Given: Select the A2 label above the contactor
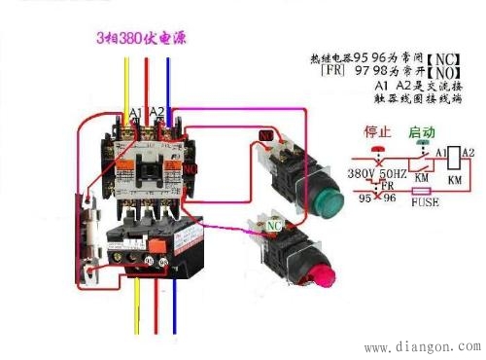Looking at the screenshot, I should coord(158,114).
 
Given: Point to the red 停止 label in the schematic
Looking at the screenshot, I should coord(376,131).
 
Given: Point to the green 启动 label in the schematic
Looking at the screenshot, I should coord(421,131).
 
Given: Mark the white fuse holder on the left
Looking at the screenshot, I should coord(89,229).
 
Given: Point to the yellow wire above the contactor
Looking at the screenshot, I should coord(126,88).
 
